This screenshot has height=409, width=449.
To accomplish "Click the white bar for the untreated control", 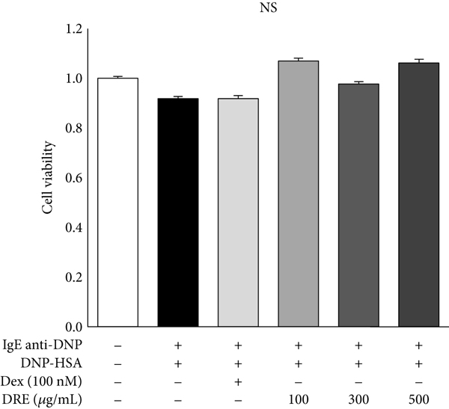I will coord(117,202).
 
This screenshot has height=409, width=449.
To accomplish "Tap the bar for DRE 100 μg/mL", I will coord(299,194).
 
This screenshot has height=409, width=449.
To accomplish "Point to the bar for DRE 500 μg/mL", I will coord(418,194).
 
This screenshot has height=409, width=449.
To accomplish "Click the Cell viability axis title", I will coord(47,179).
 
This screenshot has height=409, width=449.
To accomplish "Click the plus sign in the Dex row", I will coord(238,381).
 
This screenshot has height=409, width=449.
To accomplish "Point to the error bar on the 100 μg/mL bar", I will coord(299,59).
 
